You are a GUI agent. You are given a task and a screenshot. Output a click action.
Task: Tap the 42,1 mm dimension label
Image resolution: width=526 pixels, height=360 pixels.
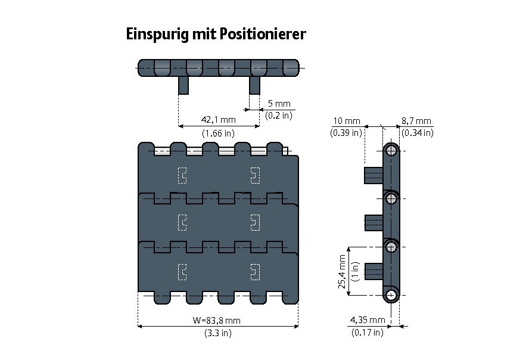coord(219,119)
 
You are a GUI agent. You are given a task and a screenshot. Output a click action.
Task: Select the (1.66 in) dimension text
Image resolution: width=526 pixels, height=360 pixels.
coord(219,133)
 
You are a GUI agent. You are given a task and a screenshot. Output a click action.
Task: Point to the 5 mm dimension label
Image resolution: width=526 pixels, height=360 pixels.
coord(279,103)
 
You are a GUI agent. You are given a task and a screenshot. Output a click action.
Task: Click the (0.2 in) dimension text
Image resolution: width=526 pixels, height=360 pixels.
coord(279,116)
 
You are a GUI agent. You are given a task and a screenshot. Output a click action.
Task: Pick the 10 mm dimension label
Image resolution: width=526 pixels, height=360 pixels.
coord(346,121)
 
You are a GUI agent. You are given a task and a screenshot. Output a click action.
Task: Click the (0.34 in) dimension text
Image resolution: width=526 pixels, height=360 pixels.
coord(417,133)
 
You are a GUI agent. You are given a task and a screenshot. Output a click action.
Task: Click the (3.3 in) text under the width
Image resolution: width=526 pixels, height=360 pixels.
coord(217,333)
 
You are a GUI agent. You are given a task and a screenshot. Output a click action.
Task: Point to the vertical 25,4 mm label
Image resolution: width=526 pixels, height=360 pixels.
coord(342,271)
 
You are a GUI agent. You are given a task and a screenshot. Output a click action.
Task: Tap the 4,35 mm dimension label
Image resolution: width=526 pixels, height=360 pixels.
coord(367,320)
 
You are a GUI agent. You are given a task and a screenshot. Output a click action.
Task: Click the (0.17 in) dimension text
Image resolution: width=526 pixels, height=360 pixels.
coord(367,333)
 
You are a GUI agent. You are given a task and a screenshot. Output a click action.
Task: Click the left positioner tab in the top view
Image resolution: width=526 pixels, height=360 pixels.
coord(183,85)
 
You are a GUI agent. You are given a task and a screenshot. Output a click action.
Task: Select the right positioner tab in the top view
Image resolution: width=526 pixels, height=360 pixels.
coord(254,85)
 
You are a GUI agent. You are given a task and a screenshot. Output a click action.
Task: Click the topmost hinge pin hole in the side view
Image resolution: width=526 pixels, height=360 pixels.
coord(391,150)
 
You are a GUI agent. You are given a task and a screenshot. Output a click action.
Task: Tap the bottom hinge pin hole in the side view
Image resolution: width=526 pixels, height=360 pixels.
coord(391,294)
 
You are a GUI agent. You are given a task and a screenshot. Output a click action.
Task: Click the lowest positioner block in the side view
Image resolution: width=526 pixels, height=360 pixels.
coord(373,271)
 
